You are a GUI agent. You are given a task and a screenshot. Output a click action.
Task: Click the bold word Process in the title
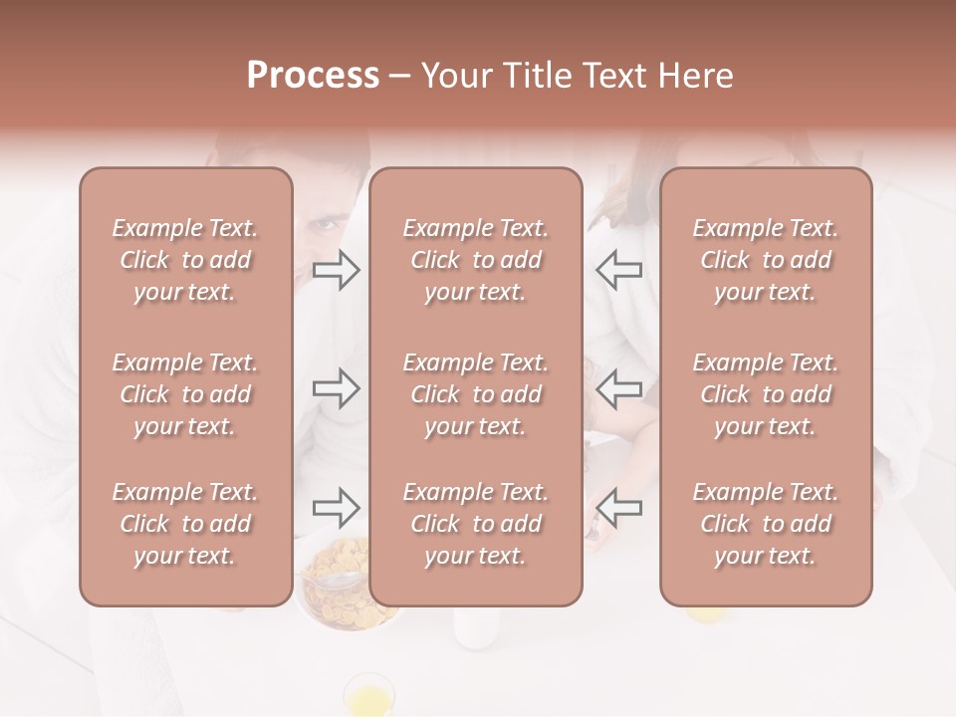point(313,76)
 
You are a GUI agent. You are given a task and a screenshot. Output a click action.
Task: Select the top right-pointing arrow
point(337,270)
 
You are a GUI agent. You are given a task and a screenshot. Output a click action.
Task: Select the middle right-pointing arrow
point(337,388)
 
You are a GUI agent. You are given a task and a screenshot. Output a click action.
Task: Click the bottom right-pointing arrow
point(337,508)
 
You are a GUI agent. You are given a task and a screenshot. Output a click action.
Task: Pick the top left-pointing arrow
point(619,270)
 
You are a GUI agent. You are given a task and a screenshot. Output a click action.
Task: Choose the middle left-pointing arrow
point(619,388)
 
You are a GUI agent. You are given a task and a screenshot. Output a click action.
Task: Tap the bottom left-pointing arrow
point(619,508)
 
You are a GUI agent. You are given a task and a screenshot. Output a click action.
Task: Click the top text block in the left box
point(185,260)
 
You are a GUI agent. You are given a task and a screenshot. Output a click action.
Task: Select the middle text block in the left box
point(185,394)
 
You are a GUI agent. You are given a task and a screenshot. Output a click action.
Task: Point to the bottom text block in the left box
point(185,524)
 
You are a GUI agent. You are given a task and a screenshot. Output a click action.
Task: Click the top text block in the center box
point(475,260)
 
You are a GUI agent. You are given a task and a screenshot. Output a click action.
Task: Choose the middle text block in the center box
point(475,394)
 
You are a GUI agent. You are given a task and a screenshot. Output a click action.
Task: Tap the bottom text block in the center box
point(475,524)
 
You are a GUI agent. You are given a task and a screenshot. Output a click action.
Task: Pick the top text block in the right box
point(766,260)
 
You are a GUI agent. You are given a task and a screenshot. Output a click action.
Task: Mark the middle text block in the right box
point(766,394)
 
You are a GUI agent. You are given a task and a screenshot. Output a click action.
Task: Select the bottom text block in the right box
point(766,524)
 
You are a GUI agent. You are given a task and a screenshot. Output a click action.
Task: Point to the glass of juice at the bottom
point(367,693)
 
